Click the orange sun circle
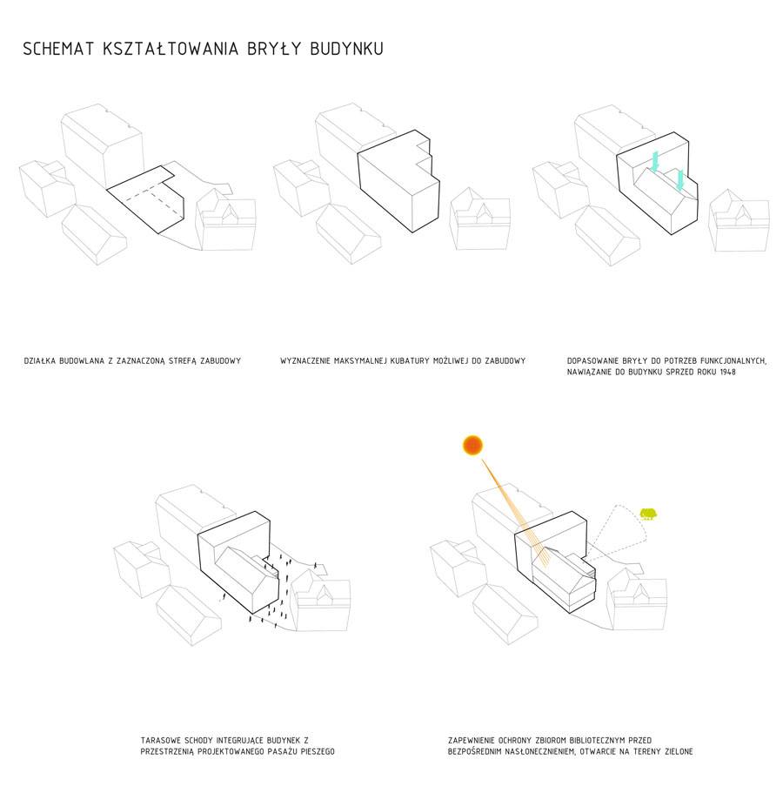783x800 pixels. [x=472, y=446]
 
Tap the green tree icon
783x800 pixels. [x=648, y=514]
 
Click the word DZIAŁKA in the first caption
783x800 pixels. [x=42, y=360]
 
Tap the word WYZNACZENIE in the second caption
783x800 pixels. [x=307, y=360]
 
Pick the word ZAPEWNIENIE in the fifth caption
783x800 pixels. [x=475, y=740]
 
